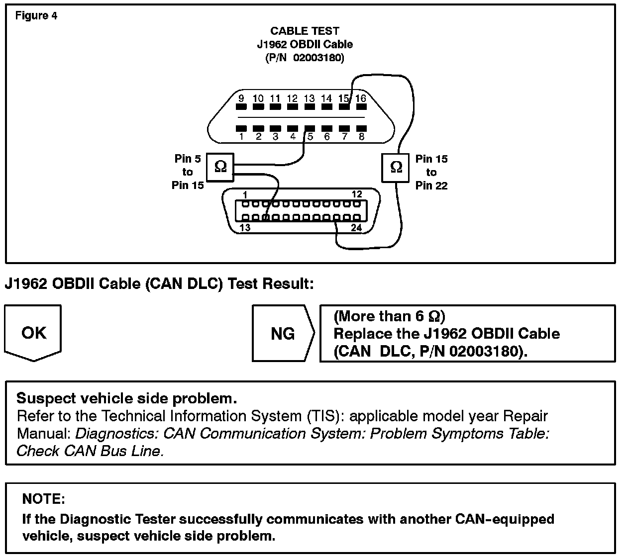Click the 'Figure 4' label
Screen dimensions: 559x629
36,16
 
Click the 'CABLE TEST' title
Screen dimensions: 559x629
305,31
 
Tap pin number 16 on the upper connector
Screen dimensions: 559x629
360,98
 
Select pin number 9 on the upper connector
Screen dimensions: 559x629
241,98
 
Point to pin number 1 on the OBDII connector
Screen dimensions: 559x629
242,136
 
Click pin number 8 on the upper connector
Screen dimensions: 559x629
361,136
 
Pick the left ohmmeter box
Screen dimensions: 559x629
220,167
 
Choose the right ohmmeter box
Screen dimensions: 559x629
396,167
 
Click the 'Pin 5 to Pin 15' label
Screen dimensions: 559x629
188,172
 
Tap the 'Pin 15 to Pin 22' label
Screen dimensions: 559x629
431,172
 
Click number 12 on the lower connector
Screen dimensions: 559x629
357,194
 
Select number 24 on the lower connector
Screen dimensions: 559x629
356,228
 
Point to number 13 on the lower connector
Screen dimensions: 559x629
245,228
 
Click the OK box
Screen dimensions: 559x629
33,332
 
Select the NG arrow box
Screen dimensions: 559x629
283,333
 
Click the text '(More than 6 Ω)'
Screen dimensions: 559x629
389,316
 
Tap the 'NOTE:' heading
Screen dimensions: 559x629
44,499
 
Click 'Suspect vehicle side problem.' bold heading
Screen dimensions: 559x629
127,398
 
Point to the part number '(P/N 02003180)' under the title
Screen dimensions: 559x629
305,58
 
